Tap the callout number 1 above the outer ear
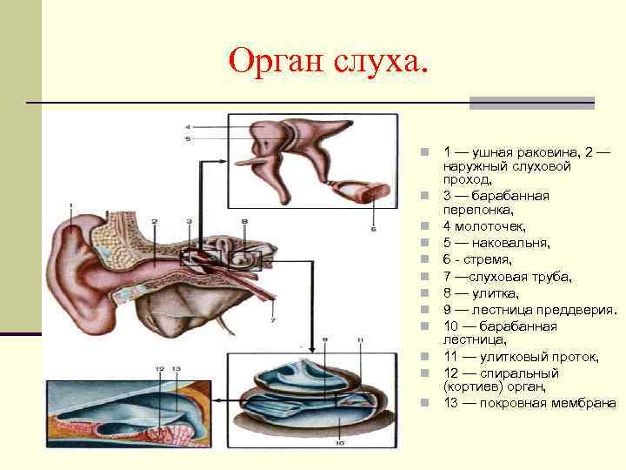[70, 205]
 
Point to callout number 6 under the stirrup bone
[373, 230]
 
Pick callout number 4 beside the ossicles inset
[187, 128]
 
